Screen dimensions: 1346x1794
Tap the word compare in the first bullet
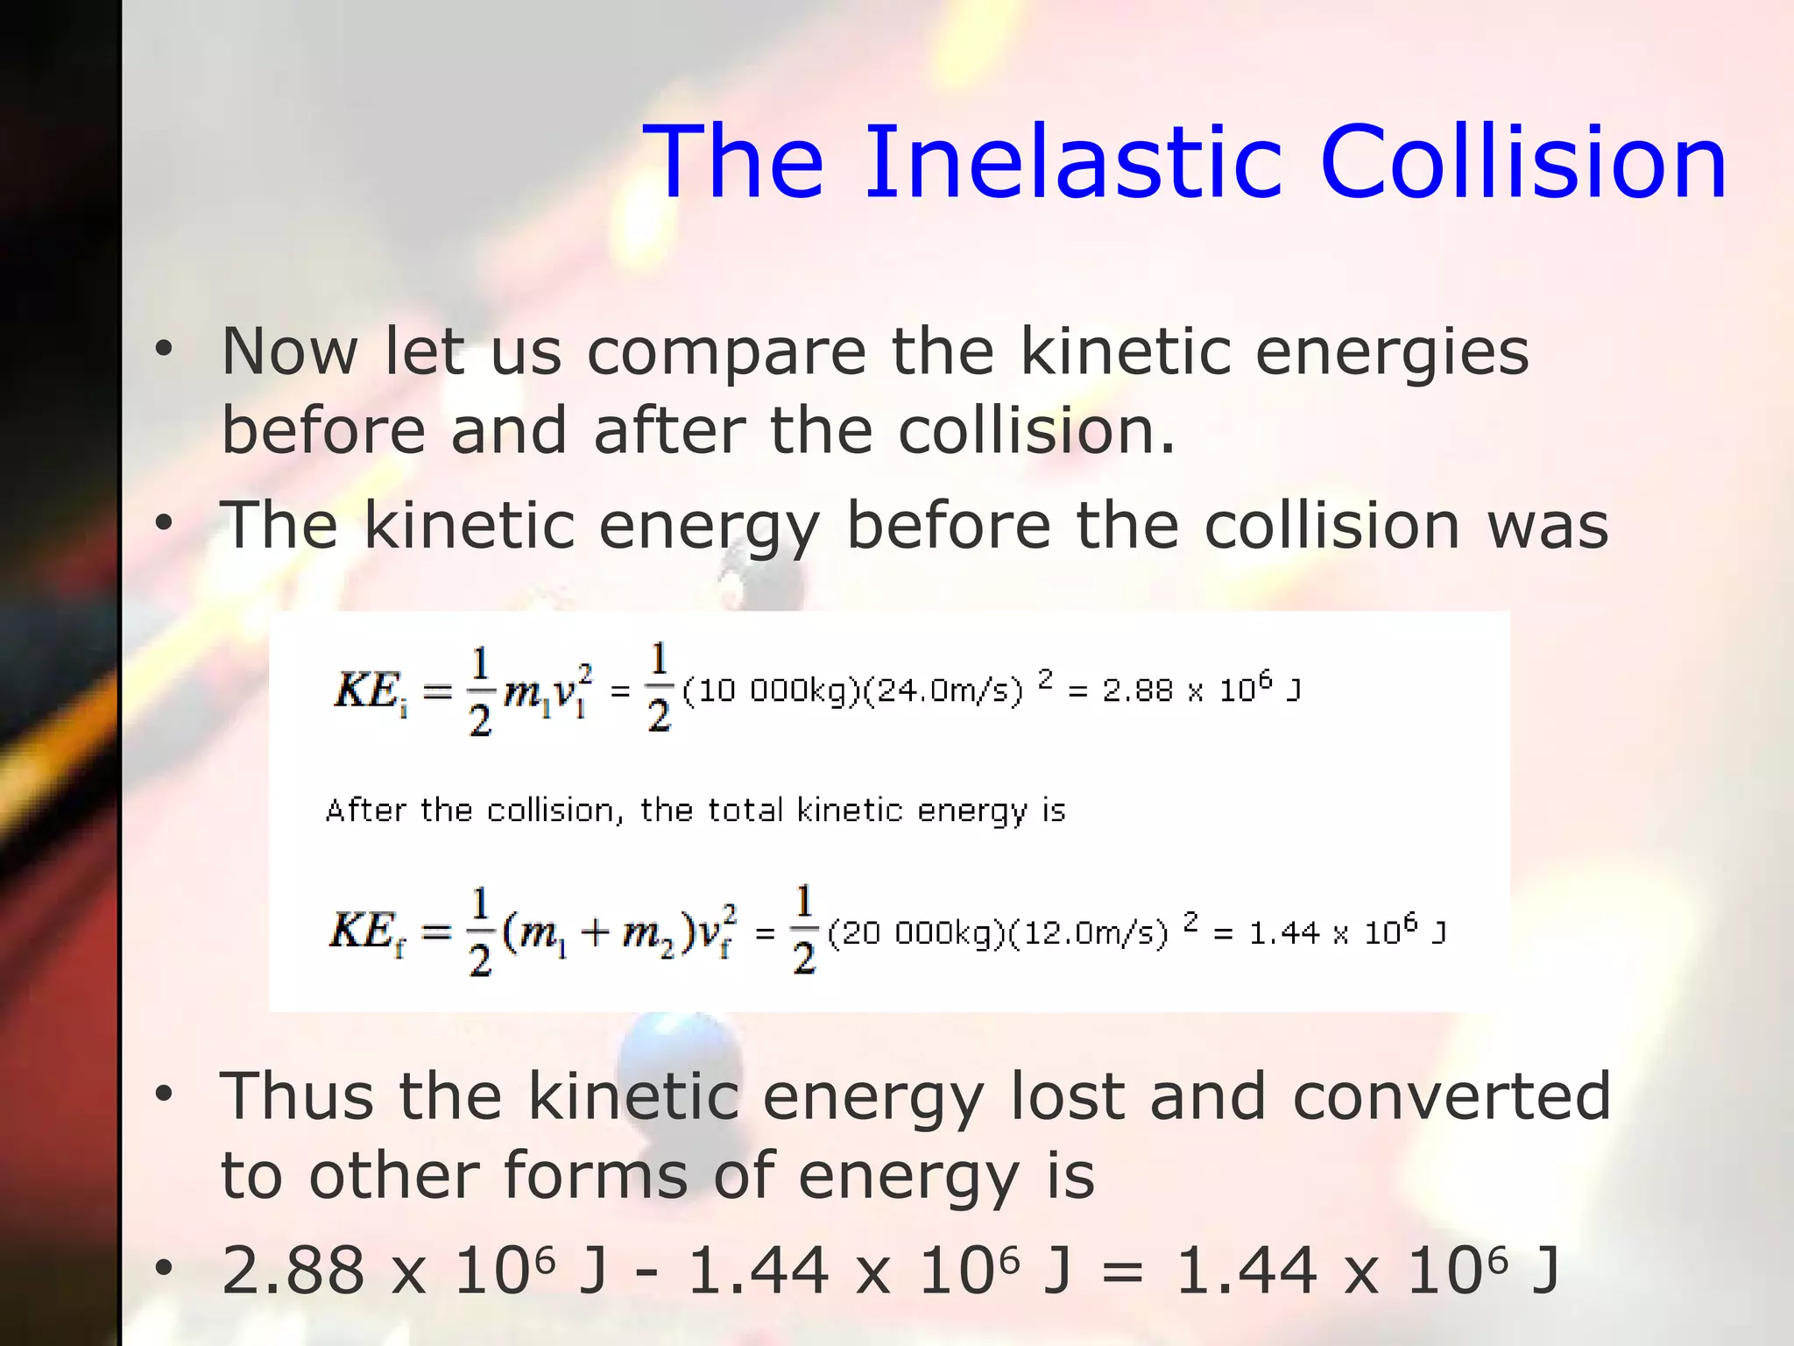[726, 352]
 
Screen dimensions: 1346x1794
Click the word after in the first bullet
[669, 430]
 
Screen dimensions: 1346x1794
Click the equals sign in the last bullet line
[1122, 1272]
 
